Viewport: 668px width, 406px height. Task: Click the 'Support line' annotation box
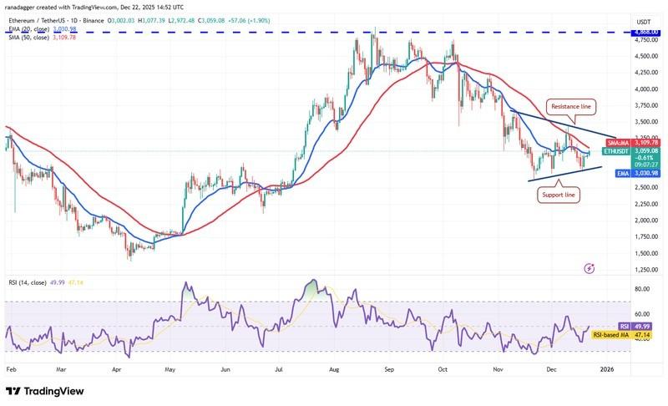tap(558, 194)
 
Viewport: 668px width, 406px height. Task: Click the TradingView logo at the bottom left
tap(47, 391)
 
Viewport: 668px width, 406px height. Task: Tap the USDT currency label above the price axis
tap(644, 22)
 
